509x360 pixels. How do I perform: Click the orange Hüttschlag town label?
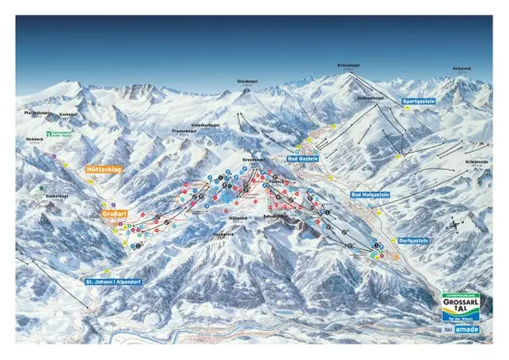click(x=103, y=168)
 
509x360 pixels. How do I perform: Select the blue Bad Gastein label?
click(x=303, y=158)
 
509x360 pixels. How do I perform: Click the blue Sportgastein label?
click(x=418, y=101)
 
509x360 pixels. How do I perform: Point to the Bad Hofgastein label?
click(x=369, y=195)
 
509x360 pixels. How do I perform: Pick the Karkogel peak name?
click(x=68, y=115)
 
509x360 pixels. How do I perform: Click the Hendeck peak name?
click(x=33, y=140)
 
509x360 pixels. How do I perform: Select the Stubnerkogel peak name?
click(x=369, y=97)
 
